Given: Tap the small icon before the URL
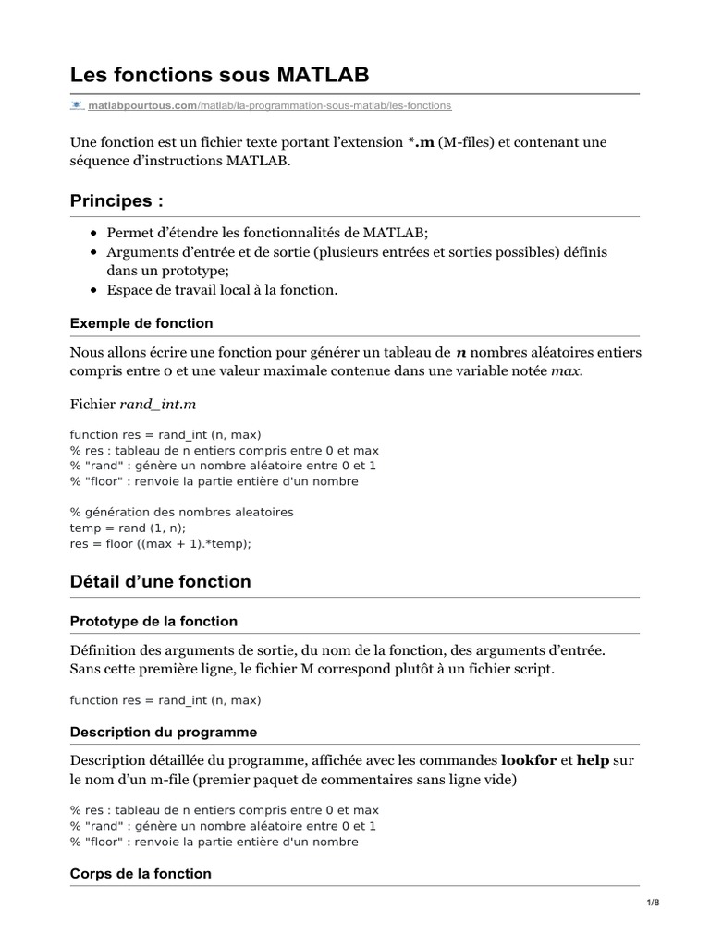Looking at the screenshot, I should click(77, 106).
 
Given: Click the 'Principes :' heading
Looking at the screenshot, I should click(116, 201).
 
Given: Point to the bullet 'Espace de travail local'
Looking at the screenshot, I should click(222, 290).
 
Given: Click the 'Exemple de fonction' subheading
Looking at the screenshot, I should click(141, 323).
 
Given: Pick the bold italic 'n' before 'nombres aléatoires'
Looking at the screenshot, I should click(461, 352).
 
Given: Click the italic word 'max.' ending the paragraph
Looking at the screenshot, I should click(568, 371).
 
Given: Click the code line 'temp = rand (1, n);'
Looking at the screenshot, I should click(128, 528).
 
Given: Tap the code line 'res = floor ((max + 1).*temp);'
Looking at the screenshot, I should click(161, 544).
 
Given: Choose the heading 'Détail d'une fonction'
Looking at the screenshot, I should click(160, 582).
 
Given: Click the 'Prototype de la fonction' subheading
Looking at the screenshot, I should click(153, 621).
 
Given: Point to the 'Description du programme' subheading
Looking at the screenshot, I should click(164, 732).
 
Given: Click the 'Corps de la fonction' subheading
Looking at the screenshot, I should click(141, 873).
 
